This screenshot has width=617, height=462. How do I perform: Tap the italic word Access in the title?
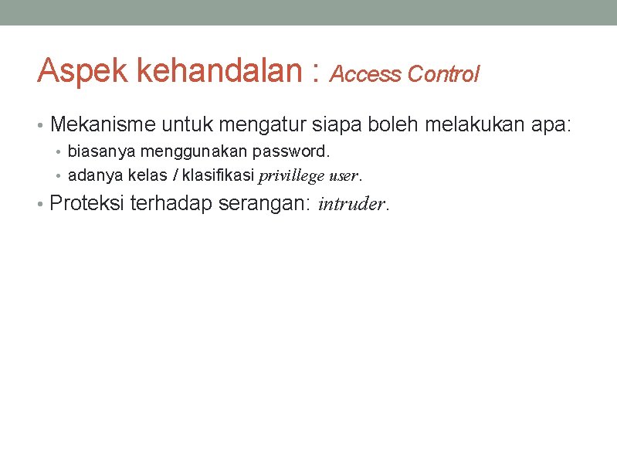tap(366, 74)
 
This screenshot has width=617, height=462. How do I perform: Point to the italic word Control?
tap(443, 74)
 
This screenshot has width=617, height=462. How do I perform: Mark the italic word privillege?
tap(290, 176)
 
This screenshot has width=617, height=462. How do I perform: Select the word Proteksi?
tap(87, 204)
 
